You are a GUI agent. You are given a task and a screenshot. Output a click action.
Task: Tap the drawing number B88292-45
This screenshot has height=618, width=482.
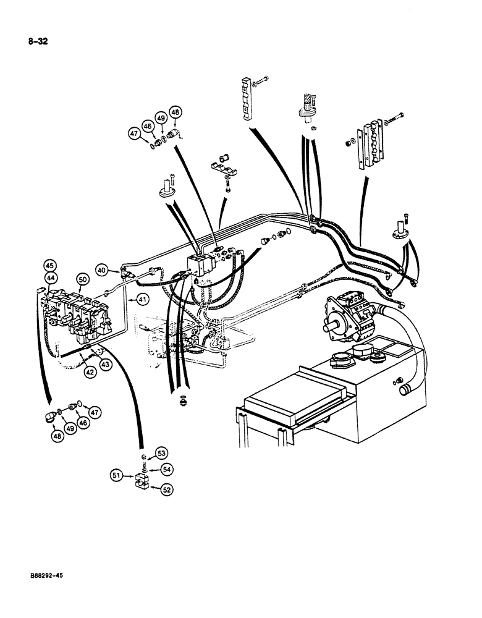(43, 575)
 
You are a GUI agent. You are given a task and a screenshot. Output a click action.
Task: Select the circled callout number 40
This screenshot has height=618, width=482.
(101, 269)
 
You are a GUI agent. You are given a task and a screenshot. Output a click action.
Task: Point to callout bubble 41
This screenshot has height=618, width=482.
(143, 300)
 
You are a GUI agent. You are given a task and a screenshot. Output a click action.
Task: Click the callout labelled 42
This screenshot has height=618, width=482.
(90, 373)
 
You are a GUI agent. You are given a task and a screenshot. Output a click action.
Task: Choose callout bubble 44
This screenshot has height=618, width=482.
(49, 279)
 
